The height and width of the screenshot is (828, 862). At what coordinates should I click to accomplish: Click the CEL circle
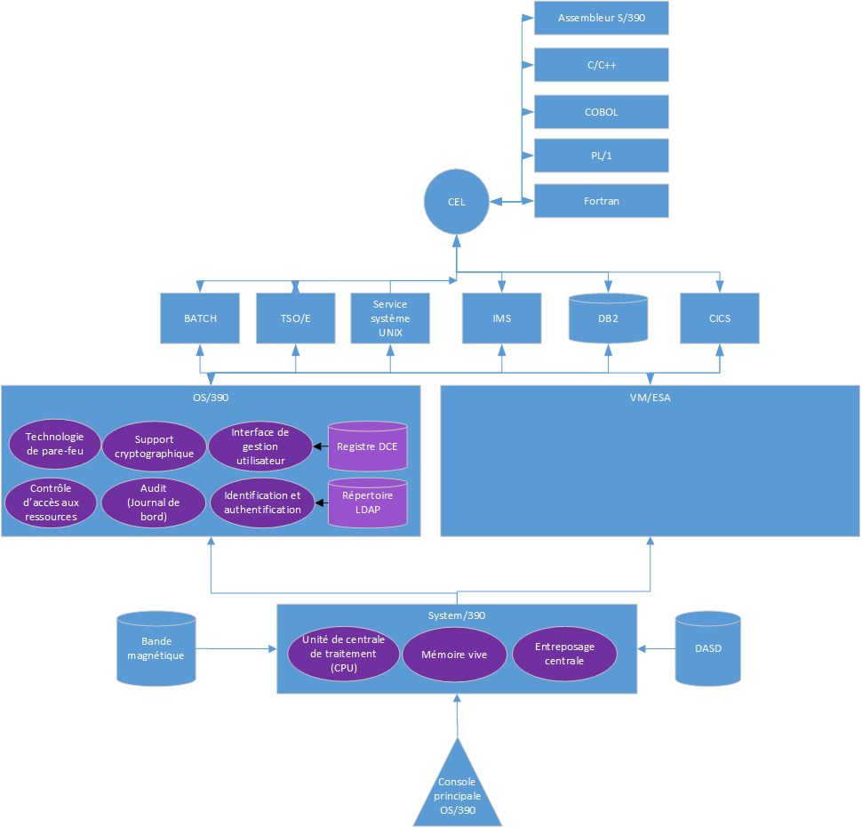coord(456,202)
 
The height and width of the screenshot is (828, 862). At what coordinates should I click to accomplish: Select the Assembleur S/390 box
coord(601,18)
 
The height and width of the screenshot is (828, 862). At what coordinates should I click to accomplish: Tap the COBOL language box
coord(601,112)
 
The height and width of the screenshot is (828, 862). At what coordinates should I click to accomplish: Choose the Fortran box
coord(601,201)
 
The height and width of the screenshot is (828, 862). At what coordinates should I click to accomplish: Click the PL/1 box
coord(601,155)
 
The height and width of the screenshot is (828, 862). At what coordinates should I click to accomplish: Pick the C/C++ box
coord(601,65)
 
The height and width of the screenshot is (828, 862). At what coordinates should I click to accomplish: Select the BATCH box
coord(200,318)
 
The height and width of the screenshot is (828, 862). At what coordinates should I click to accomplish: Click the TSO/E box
coord(295,318)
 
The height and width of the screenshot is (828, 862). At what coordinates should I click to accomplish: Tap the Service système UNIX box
coord(389,318)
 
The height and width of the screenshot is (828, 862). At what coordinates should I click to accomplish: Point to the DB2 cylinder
coord(608,318)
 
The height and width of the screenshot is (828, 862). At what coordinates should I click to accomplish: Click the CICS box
coord(720,318)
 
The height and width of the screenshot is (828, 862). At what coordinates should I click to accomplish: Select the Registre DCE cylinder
coord(368,446)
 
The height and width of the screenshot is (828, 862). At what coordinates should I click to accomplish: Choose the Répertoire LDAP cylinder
coord(368,502)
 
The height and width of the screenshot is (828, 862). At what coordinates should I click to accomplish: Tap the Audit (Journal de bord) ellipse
coord(153,502)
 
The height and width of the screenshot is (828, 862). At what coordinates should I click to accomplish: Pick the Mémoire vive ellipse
coord(456,655)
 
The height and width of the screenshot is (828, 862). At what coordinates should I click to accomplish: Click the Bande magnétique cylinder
coord(156,648)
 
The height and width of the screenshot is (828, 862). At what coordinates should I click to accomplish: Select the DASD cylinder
coord(707,648)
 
